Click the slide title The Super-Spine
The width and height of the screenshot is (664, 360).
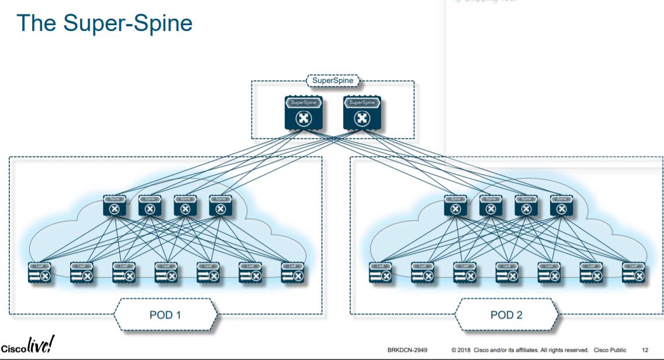click(105, 23)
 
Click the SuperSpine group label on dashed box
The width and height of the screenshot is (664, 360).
click(333, 81)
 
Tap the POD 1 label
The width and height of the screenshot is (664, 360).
click(165, 315)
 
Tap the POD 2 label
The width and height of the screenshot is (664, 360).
click(507, 315)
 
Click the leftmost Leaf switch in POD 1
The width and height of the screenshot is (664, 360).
click(39, 273)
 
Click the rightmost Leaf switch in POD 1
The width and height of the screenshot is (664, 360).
click(292, 273)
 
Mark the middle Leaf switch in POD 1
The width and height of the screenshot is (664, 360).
click(165, 273)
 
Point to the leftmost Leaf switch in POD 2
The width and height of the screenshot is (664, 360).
click(380, 273)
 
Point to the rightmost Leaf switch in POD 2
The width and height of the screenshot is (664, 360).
click(633, 273)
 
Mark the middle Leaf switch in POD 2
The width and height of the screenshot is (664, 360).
click(507, 273)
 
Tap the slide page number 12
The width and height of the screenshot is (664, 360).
click(645, 350)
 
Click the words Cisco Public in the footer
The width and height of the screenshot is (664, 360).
click(610, 350)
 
